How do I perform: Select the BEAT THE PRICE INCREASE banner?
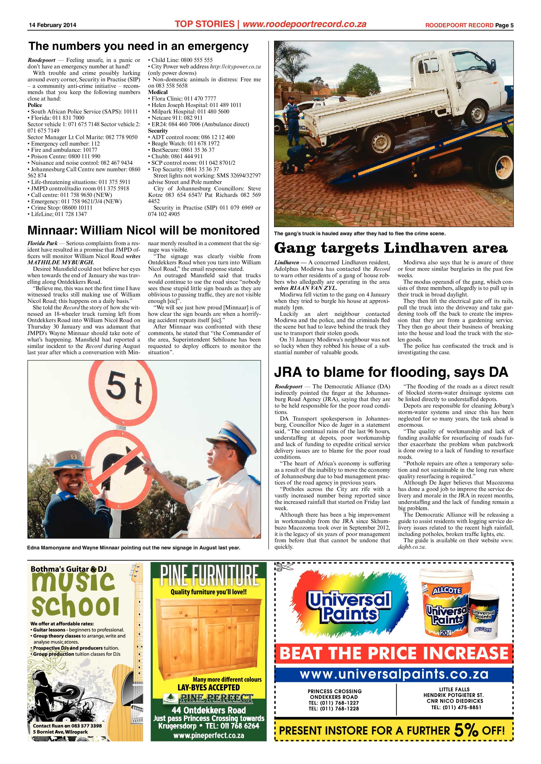[394, 653]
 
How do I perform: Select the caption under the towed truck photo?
[359, 234]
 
